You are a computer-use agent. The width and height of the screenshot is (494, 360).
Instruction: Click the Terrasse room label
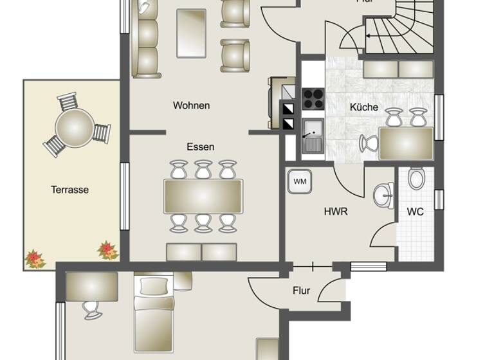tap(70, 190)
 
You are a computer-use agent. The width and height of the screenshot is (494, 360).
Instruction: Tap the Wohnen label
tap(191, 105)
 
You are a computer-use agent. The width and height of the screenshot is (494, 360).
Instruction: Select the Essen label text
tap(201, 147)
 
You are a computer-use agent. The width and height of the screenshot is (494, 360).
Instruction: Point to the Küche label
tap(364, 107)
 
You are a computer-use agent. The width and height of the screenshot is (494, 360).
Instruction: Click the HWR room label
tap(336, 211)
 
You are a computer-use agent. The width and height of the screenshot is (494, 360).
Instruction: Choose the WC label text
tap(416, 212)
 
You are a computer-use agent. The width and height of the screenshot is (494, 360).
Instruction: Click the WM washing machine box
tap(300, 181)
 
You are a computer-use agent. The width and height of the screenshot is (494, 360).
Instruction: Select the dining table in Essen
tap(203, 196)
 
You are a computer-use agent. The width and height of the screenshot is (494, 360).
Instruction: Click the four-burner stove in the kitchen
tap(313, 98)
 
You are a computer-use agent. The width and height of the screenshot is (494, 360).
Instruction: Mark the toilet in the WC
tap(416, 178)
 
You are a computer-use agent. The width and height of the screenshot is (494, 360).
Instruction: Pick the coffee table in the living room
tap(191, 33)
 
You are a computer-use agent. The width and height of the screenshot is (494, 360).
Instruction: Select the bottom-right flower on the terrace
tap(107, 249)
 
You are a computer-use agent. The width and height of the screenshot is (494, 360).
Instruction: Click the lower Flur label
tap(301, 291)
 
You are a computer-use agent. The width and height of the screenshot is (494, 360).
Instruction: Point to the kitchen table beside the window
tap(406, 143)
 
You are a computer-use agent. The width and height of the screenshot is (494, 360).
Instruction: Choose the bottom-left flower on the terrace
tap(35, 258)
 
